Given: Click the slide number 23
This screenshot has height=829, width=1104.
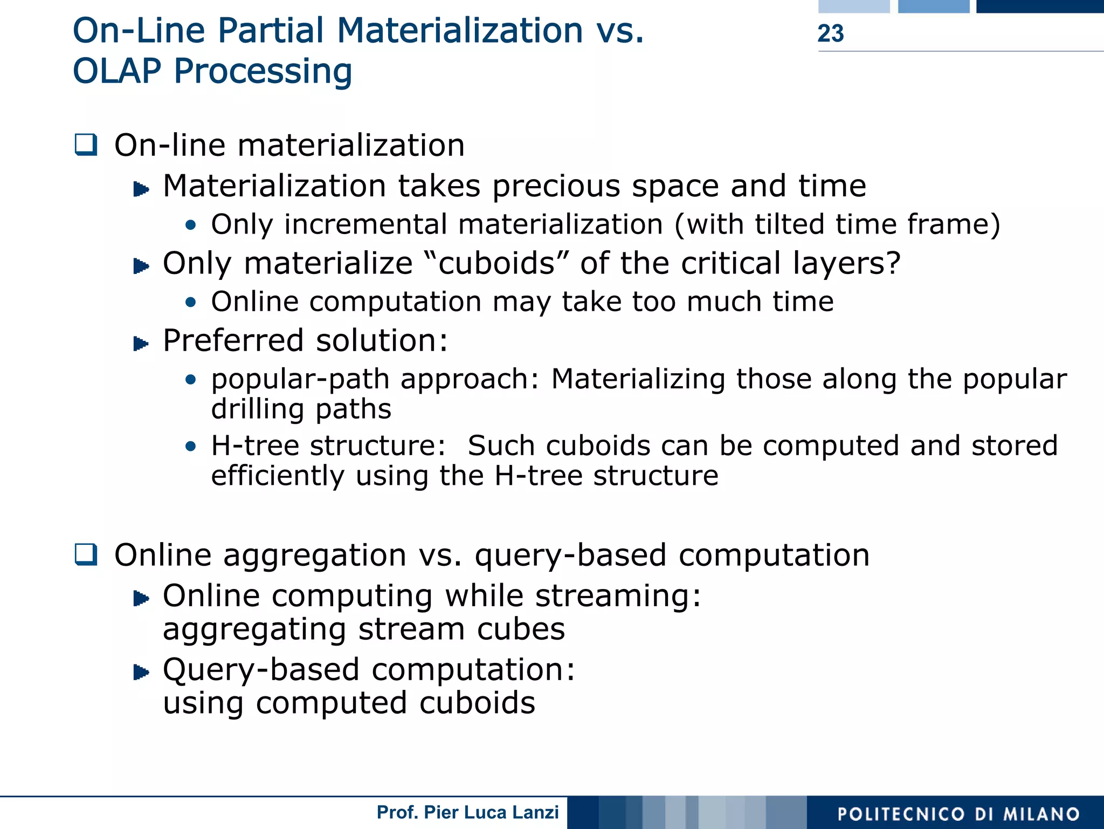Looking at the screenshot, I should pos(830,33).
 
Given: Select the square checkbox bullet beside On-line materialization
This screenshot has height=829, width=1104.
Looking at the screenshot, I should pos(86,145).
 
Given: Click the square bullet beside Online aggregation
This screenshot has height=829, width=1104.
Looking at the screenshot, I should pos(86,554).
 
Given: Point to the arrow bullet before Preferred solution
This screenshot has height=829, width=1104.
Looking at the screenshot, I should pos(141,343).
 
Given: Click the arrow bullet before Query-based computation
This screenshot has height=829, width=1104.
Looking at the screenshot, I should pos(141,672).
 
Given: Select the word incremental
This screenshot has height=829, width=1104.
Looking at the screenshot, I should pos(365,224).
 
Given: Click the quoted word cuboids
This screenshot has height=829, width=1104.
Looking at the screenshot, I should pos(496,264).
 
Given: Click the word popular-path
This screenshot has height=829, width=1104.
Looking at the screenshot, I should pos(300,379).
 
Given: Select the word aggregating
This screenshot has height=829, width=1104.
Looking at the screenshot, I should pos(254,629).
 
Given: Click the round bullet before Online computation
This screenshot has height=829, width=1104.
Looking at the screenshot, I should pos(190,302).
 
